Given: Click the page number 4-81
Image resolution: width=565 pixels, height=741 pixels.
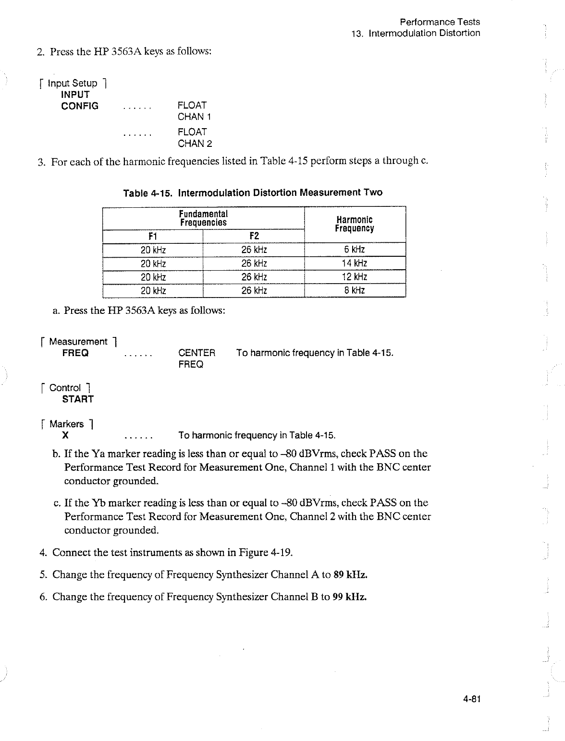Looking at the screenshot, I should (x=472, y=699).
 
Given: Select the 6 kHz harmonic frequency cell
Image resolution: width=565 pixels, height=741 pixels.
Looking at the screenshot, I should (x=355, y=250).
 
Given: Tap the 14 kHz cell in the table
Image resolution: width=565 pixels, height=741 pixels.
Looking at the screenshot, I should (x=355, y=263).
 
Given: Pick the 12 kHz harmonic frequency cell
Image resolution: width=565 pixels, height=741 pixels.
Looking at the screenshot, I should (x=355, y=277).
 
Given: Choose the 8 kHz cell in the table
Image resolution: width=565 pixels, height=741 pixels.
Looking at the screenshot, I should (x=355, y=290).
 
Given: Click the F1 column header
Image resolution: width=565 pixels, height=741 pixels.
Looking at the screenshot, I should (x=153, y=236).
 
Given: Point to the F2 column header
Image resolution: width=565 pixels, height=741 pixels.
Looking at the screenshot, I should (x=254, y=236).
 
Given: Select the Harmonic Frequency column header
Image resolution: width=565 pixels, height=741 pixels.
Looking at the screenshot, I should (x=355, y=224).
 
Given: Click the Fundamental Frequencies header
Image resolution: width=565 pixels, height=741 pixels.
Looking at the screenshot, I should (x=203, y=218).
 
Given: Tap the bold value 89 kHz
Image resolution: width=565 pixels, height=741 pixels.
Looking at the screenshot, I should (x=351, y=574).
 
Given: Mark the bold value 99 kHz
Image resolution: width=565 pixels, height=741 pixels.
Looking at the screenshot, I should (x=350, y=597).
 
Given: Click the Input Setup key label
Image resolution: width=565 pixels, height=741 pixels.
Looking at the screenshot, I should (x=73, y=83).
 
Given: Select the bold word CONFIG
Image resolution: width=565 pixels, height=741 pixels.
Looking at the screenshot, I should (x=80, y=106).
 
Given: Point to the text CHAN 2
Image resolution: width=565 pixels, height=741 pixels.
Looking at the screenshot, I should (x=195, y=143).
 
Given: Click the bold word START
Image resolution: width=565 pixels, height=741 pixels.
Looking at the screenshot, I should (x=78, y=399).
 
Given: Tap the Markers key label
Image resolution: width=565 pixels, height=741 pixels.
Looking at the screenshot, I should (x=67, y=424).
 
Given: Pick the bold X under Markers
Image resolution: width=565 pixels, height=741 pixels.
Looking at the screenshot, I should (x=65, y=435).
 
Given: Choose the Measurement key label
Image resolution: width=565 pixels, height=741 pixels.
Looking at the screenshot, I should (x=78, y=342).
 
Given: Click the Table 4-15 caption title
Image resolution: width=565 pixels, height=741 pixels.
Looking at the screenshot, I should (x=253, y=193).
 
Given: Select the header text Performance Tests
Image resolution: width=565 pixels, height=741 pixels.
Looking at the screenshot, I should (x=440, y=22).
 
